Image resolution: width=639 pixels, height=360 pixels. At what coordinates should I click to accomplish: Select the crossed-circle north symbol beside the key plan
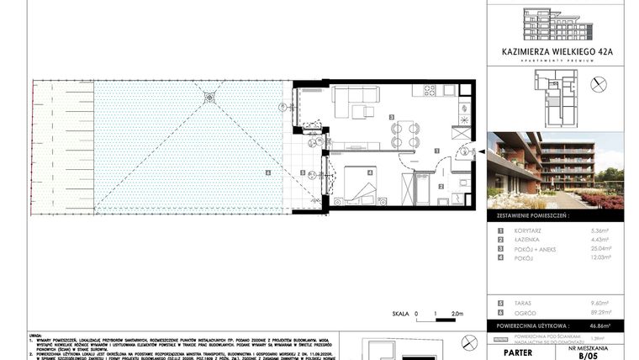pos(599,84)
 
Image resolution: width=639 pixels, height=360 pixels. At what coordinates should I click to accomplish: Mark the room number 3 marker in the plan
pos(391,118)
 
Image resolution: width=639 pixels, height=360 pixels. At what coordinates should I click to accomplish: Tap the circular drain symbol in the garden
pos(209,99)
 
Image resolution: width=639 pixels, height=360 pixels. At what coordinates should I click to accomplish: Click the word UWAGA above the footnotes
pos(35,333)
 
